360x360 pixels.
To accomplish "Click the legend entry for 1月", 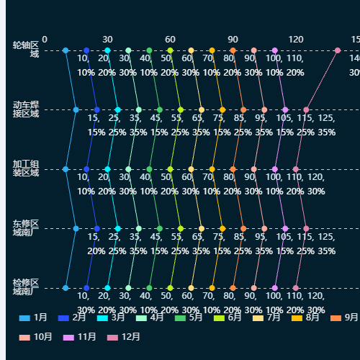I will [x=33, y=317].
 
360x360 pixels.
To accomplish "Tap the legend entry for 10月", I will [x=35, y=336].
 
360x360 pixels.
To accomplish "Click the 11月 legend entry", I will [x=80, y=336].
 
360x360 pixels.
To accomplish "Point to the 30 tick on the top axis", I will [x=107, y=39].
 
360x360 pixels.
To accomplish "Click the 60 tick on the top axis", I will [x=170, y=39].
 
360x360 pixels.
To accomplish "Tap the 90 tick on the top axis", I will [x=233, y=39].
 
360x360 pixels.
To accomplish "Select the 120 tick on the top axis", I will [x=296, y=39].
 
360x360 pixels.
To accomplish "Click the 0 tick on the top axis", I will [x=45, y=39].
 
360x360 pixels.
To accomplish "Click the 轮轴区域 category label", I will [x=25, y=50].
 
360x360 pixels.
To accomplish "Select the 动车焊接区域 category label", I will [x=25, y=109].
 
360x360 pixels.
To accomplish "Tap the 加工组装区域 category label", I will [x=25, y=168].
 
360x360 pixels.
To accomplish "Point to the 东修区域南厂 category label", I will [x=25, y=228].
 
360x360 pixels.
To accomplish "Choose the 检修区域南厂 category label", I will [x=25, y=287].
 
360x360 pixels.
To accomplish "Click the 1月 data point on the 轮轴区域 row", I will [x=66, y=50].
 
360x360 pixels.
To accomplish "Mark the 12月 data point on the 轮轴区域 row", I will [x=338, y=50].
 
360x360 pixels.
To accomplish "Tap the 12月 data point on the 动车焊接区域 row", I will [x=306, y=109].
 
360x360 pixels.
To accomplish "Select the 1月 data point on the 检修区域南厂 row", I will [x=66, y=288].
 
